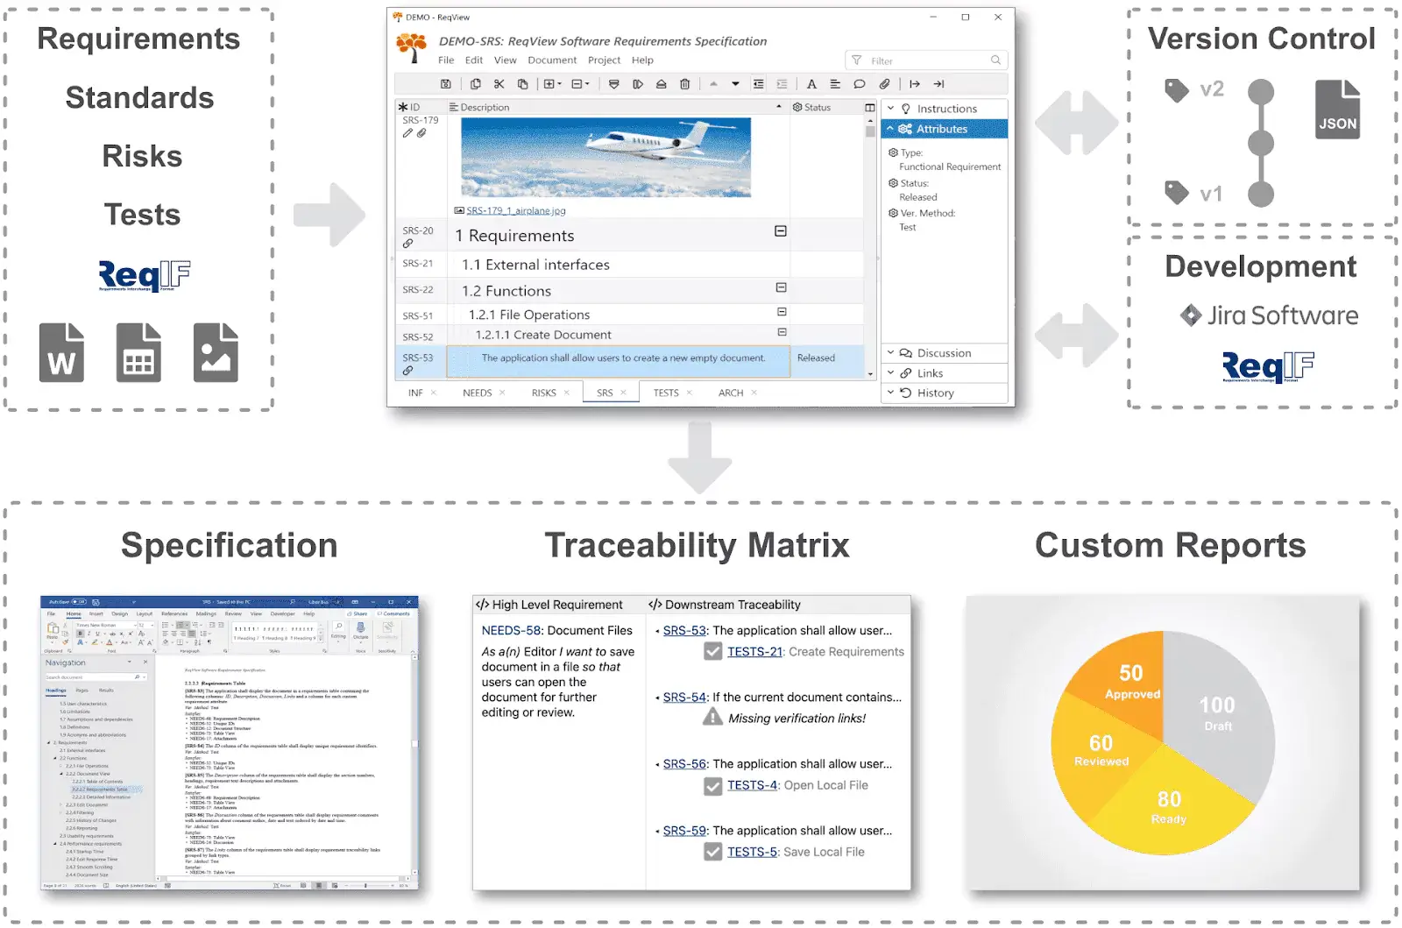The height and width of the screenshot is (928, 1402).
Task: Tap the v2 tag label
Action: coord(1211,89)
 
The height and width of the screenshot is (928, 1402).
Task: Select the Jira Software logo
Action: coord(1269,315)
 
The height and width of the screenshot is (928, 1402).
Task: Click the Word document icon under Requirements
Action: coord(61,352)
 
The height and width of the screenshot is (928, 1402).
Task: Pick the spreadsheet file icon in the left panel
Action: coord(138,352)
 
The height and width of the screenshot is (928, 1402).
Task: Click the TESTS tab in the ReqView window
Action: coord(666,393)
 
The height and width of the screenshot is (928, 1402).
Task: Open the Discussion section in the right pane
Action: coord(944,353)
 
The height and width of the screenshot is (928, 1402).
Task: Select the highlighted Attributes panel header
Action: coord(944,129)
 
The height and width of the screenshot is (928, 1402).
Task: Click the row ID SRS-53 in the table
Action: coord(418,358)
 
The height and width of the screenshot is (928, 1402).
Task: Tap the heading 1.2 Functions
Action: coord(506,291)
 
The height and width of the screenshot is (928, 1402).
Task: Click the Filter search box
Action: coord(927,60)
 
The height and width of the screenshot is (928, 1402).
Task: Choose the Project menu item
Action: coord(604,60)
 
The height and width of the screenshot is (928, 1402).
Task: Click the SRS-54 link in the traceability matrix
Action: coord(684,698)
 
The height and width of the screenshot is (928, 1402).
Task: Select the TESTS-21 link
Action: coord(754,652)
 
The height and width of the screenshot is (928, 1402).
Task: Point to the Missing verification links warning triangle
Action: coord(713,718)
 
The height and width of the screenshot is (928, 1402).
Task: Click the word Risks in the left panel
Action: coord(142,156)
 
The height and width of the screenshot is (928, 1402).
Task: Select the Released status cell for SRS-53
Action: coord(816,358)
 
